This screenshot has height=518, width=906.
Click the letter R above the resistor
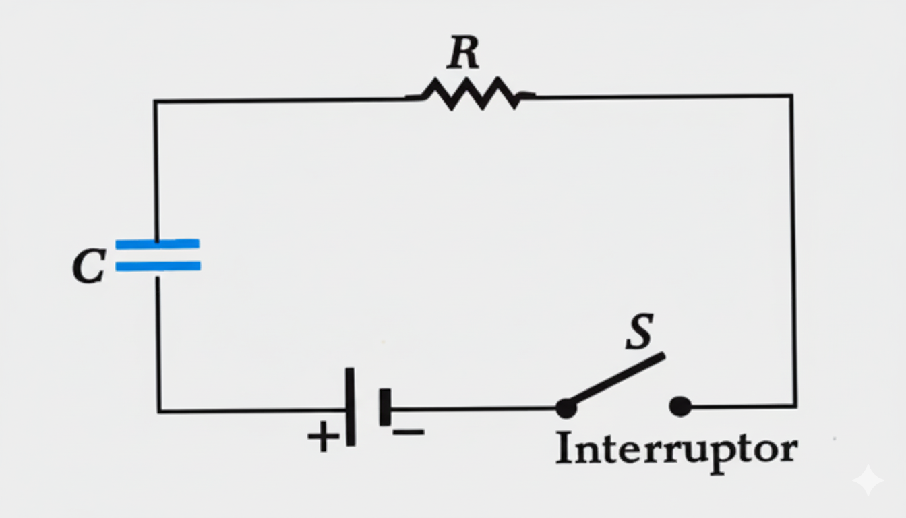(x=463, y=53)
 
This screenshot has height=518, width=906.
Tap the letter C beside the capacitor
(x=88, y=266)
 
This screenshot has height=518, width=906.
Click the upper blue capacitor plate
(x=157, y=243)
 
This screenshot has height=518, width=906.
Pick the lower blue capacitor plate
(x=157, y=266)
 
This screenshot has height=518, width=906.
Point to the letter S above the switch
(x=640, y=332)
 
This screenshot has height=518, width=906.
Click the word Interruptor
(x=676, y=449)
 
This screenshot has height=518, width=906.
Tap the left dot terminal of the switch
(x=566, y=407)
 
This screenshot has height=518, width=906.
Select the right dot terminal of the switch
(x=680, y=407)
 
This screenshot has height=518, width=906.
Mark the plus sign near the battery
(x=324, y=437)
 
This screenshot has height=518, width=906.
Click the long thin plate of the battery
(x=350, y=406)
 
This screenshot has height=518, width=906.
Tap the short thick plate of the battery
(x=385, y=407)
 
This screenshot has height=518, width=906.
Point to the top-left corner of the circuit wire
(x=155, y=102)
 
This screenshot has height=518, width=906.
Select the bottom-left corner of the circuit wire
(x=159, y=410)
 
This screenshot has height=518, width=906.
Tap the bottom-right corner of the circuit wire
(x=795, y=406)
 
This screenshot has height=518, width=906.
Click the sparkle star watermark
(x=868, y=481)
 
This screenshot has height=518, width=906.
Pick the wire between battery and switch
(x=472, y=408)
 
